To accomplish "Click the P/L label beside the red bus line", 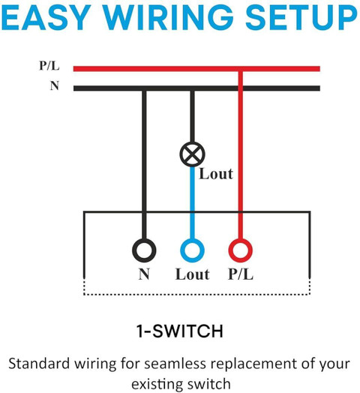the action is click(x=49, y=66).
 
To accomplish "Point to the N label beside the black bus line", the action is click(x=55, y=85).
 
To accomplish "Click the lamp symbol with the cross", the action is click(x=192, y=154).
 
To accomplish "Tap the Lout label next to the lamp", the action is click(x=216, y=174).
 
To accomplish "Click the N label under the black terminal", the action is click(x=144, y=274).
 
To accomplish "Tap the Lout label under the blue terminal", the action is click(x=192, y=274).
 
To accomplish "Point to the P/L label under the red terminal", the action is click(x=241, y=274).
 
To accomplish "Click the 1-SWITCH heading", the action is click(x=180, y=331).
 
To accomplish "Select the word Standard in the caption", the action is click(x=39, y=364).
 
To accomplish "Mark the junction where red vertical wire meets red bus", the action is click(x=241, y=69).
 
